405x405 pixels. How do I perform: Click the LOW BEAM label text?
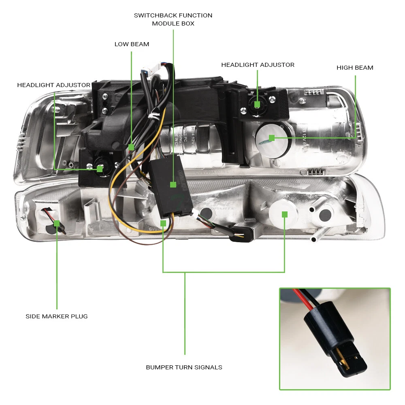pyautogui.click(x=132, y=44)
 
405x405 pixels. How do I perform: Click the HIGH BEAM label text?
pyautogui.click(x=355, y=68)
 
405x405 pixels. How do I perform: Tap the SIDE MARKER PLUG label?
pyautogui.click(x=57, y=316)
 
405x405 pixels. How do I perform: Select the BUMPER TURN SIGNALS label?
pyautogui.click(x=184, y=367)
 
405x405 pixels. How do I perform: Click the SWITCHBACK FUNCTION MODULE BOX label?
pyautogui.click(x=173, y=19)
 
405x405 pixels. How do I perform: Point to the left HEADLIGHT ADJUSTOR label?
pyautogui.click(x=53, y=85)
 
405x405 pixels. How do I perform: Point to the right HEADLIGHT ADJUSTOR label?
pyautogui.click(x=258, y=65)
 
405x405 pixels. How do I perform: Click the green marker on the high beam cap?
pyautogui.click(x=272, y=138)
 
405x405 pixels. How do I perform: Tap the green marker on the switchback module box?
pyautogui.click(x=173, y=185)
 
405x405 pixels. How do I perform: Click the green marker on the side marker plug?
pyautogui.click(x=57, y=223)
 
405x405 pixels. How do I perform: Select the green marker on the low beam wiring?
pyautogui.click(x=131, y=147)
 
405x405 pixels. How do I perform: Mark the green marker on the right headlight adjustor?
pyautogui.click(x=257, y=104)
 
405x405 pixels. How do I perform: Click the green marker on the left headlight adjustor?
pyautogui.click(x=100, y=169)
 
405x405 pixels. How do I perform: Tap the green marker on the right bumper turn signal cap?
pyautogui.click(x=285, y=214)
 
